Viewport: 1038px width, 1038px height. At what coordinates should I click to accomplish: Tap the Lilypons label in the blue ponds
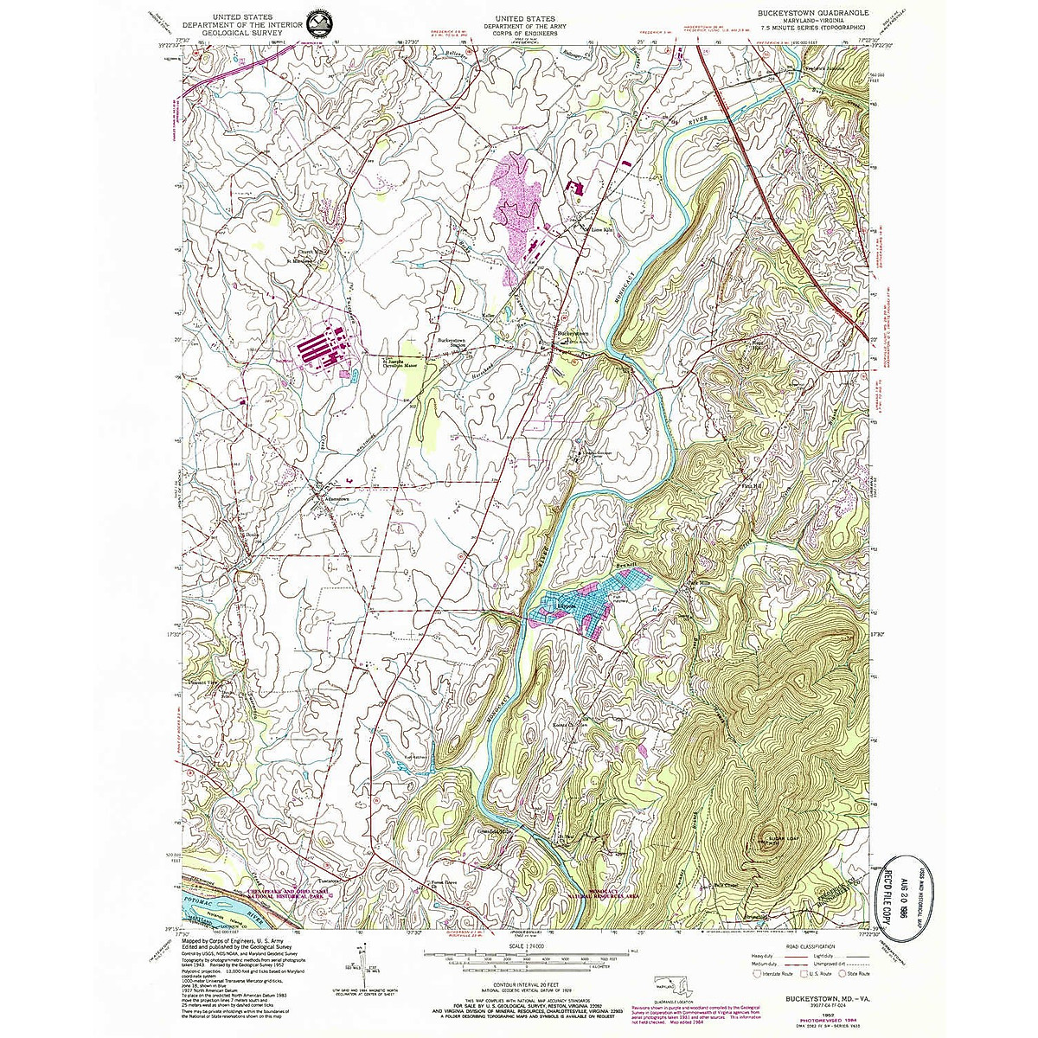(563, 607)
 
